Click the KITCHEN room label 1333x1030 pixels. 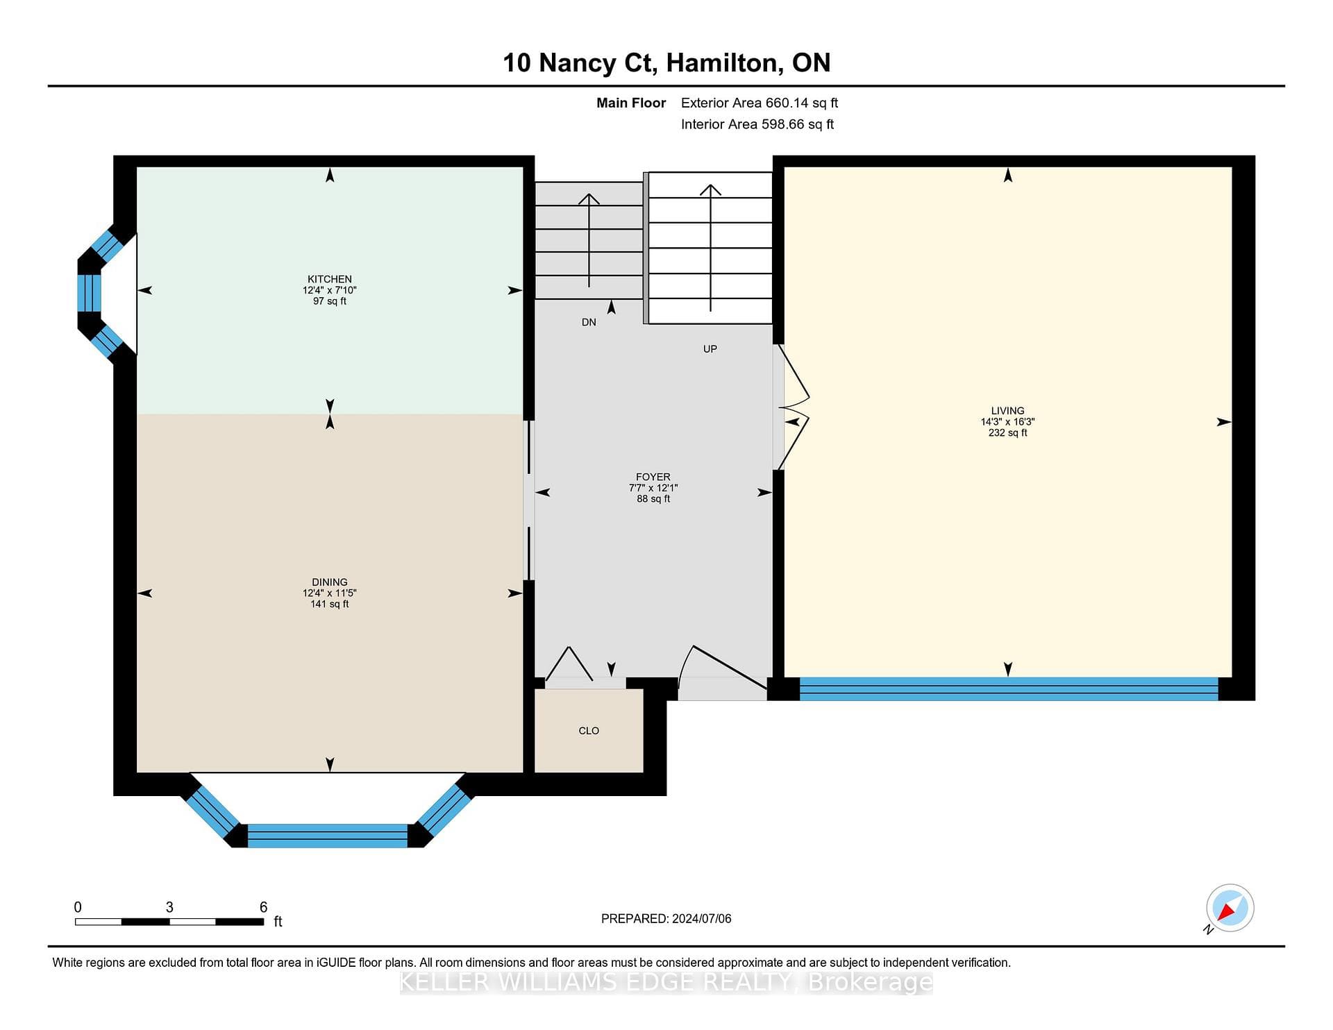pyautogui.click(x=330, y=279)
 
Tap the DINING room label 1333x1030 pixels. pyautogui.click(x=330, y=582)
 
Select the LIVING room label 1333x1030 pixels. pyautogui.click(x=1007, y=411)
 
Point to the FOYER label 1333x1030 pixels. pyautogui.click(x=653, y=477)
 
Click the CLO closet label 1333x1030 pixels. pyautogui.click(x=589, y=731)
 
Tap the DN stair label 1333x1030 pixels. pyautogui.click(x=589, y=322)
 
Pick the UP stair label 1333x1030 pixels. pyautogui.click(x=710, y=349)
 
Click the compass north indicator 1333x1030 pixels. pyautogui.click(x=1230, y=909)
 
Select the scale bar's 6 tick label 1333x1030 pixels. pyautogui.click(x=263, y=907)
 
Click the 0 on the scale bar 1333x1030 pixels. pyautogui.click(x=78, y=907)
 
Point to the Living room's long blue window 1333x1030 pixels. pyautogui.click(x=1009, y=689)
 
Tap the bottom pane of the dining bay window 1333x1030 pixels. pyautogui.click(x=327, y=836)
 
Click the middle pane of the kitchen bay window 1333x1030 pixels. pyautogui.click(x=89, y=294)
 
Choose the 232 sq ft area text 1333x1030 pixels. pyautogui.click(x=1007, y=433)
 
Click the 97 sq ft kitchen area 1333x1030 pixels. pyautogui.click(x=330, y=301)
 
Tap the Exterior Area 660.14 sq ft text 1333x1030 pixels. pyautogui.click(x=760, y=103)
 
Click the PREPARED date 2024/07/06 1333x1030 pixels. pyautogui.click(x=702, y=919)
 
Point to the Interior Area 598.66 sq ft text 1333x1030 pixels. pyautogui.click(x=757, y=125)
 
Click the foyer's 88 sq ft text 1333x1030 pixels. pyautogui.click(x=653, y=499)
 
